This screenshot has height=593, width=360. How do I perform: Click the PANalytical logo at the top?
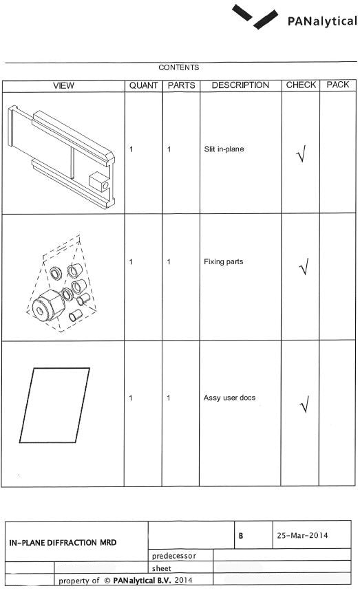point(295,17)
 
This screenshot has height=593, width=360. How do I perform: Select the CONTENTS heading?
point(179,67)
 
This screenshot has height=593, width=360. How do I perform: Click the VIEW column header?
point(63,85)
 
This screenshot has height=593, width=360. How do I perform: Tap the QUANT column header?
point(143,85)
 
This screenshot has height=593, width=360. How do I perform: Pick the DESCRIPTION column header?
point(240,85)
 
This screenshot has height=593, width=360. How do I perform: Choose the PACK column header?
point(338,85)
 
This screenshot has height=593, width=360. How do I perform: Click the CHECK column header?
point(301,85)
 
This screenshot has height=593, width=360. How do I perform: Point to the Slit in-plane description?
point(224,149)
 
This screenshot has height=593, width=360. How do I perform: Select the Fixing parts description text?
point(223,261)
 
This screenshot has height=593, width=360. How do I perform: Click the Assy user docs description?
point(229,398)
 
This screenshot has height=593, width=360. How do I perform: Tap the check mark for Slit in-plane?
point(301,153)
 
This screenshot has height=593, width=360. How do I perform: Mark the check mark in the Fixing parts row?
point(304,267)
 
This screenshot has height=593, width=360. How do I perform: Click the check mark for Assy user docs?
point(305,405)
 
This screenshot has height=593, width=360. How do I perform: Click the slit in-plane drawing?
point(61,156)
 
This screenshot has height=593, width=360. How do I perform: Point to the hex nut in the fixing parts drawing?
point(48,305)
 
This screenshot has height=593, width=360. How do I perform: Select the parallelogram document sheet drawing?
point(54,405)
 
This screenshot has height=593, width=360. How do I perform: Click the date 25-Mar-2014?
point(302,535)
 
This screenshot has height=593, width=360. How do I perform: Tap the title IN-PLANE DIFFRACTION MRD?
point(63,543)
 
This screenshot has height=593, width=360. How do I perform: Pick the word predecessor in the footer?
point(174,556)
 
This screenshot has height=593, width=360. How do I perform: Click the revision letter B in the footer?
point(241,536)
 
